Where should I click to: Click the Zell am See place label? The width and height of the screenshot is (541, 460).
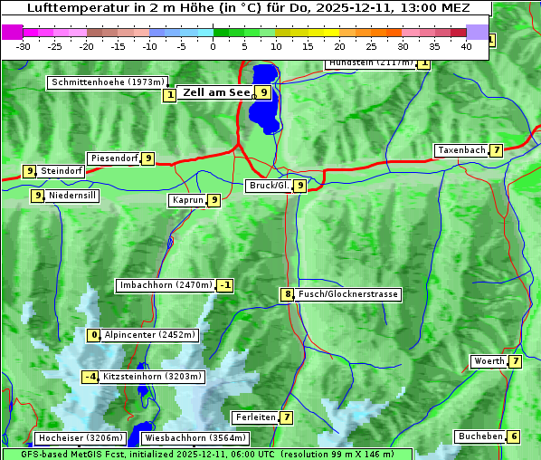coord(215,91)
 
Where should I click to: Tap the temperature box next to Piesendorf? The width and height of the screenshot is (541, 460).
coord(147,158)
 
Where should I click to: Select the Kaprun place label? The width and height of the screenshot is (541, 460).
coord(186,200)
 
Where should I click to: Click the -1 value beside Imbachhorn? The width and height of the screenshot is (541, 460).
coord(224,286)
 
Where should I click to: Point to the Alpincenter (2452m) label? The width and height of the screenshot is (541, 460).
coord(149,335)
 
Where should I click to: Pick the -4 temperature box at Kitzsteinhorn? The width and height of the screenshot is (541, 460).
coord(90,377)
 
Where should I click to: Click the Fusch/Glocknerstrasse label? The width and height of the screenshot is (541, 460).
coord(347,294)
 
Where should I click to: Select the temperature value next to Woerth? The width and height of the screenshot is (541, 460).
coord(515,361)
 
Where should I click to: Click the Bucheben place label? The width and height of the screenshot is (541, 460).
coord(480,436)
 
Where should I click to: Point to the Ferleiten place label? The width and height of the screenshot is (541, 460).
coord(254,417)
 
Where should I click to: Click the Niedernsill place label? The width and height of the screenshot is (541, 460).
coord(72,195)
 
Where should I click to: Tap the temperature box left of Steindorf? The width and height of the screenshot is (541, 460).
coord(29,170)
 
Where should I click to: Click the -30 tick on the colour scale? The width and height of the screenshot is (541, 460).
coord(24,45)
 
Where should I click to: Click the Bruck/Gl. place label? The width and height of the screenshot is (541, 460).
coord(269,186)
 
